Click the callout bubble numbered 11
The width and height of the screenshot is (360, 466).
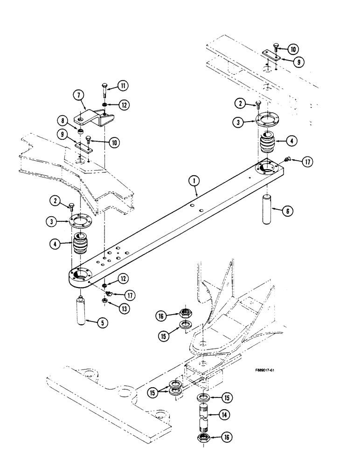[x=124, y=86]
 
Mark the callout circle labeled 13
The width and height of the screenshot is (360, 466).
[x=124, y=308]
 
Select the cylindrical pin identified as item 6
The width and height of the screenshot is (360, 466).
[x=268, y=210]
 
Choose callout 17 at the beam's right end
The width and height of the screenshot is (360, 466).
[x=306, y=162]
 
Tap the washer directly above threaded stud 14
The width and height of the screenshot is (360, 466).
[x=203, y=397]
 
